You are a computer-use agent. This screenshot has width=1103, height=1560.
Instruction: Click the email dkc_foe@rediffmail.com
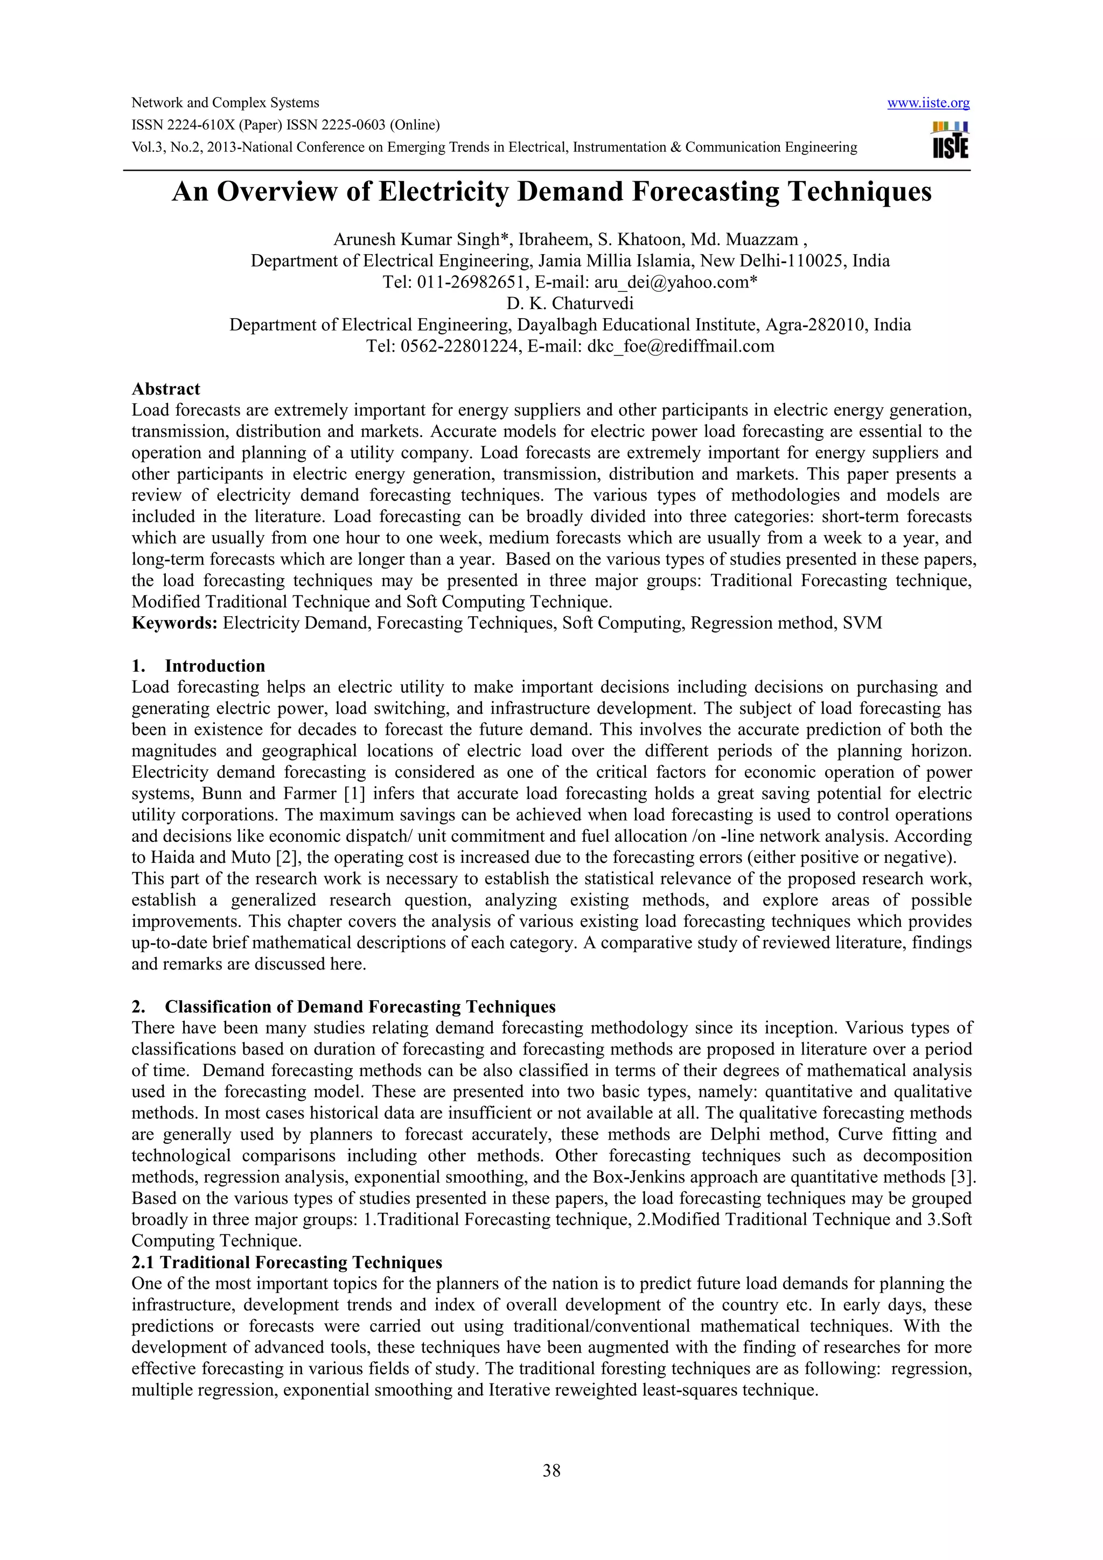(680, 347)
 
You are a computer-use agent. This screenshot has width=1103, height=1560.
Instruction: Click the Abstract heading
(166, 389)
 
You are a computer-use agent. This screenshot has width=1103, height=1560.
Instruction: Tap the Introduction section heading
(215, 666)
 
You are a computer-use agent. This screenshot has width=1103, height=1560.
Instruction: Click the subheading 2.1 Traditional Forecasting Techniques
(287, 1262)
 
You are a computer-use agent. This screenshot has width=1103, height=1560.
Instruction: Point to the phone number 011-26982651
(469, 283)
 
